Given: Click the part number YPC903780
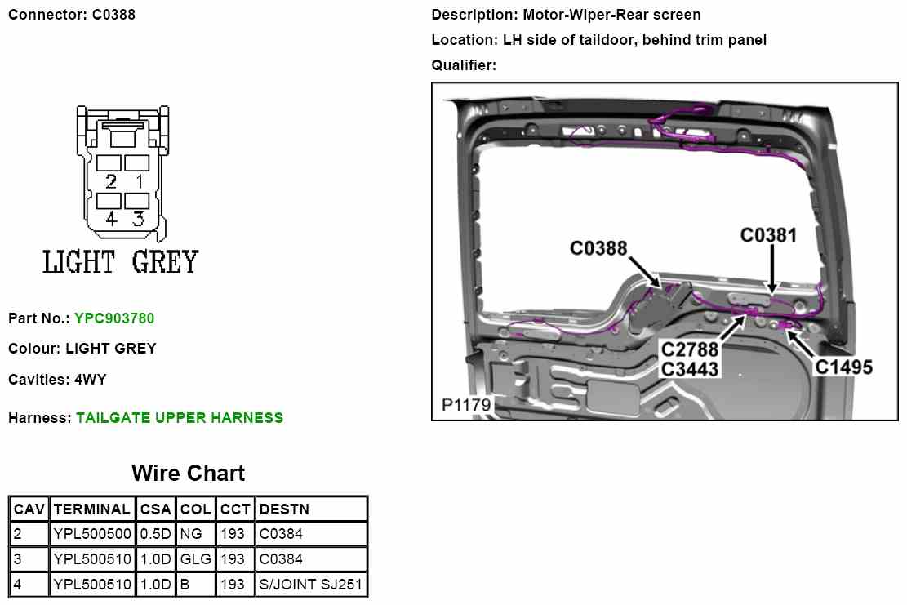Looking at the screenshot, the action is pyautogui.click(x=114, y=318).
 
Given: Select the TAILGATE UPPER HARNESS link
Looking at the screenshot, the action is pyautogui.click(x=180, y=418).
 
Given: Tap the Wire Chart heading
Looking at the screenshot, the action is pyautogui.click(x=188, y=474).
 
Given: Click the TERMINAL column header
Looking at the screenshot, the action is pyautogui.click(x=91, y=509).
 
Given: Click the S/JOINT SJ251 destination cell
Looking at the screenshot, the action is pyautogui.click(x=310, y=585).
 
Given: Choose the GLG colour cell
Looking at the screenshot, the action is pyautogui.click(x=195, y=560).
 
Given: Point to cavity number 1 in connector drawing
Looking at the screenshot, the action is pyautogui.click(x=139, y=181).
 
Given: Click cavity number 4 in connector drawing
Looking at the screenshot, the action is pyautogui.click(x=111, y=219).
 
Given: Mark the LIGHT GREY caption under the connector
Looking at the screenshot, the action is pyautogui.click(x=120, y=263).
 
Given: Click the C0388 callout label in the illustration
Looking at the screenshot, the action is pyautogui.click(x=598, y=247).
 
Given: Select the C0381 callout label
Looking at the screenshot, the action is pyautogui.click(x=768, y=235).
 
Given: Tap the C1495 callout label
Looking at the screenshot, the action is pyautogui.click(x=843, y=367).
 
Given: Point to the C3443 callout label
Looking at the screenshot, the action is pyautogui.click(x=691, y=369).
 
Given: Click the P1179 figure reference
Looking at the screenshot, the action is pyautogui.click(x=465, y=405).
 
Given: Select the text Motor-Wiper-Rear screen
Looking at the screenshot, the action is pyautogui.click(x=611, y=15).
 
